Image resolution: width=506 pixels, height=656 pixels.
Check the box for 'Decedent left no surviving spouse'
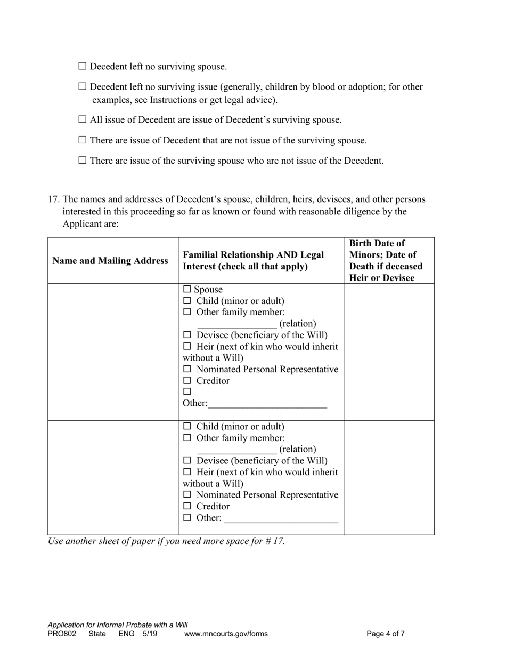(82, 66)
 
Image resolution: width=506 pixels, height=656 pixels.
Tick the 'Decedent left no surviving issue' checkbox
(82, 86)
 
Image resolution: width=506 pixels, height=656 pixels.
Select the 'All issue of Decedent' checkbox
(82, 119)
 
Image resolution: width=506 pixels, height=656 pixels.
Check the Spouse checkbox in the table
(186, 290)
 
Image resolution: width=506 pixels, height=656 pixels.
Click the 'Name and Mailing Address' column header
(110, 261)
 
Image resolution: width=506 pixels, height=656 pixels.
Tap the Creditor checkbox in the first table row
(187, 381)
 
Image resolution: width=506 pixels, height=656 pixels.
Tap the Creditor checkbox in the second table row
(187, 506)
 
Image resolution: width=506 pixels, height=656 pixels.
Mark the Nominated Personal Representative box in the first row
(187, 369)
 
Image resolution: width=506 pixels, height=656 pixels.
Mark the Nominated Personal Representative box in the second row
(187, 495)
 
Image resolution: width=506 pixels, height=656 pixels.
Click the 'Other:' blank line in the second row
(281, 519)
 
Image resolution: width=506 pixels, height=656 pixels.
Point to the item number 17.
(53, 199)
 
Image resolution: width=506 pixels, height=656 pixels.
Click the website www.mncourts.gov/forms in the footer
(226, 634)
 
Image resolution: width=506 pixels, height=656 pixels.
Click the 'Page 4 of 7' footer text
(386, 634)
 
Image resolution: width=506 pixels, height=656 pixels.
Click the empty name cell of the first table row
(113, 352)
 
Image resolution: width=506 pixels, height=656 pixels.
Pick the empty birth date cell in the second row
(389, 477)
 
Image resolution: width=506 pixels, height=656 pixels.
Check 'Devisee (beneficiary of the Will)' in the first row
(187, 335)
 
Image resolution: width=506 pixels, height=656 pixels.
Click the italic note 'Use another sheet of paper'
(166, 541)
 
